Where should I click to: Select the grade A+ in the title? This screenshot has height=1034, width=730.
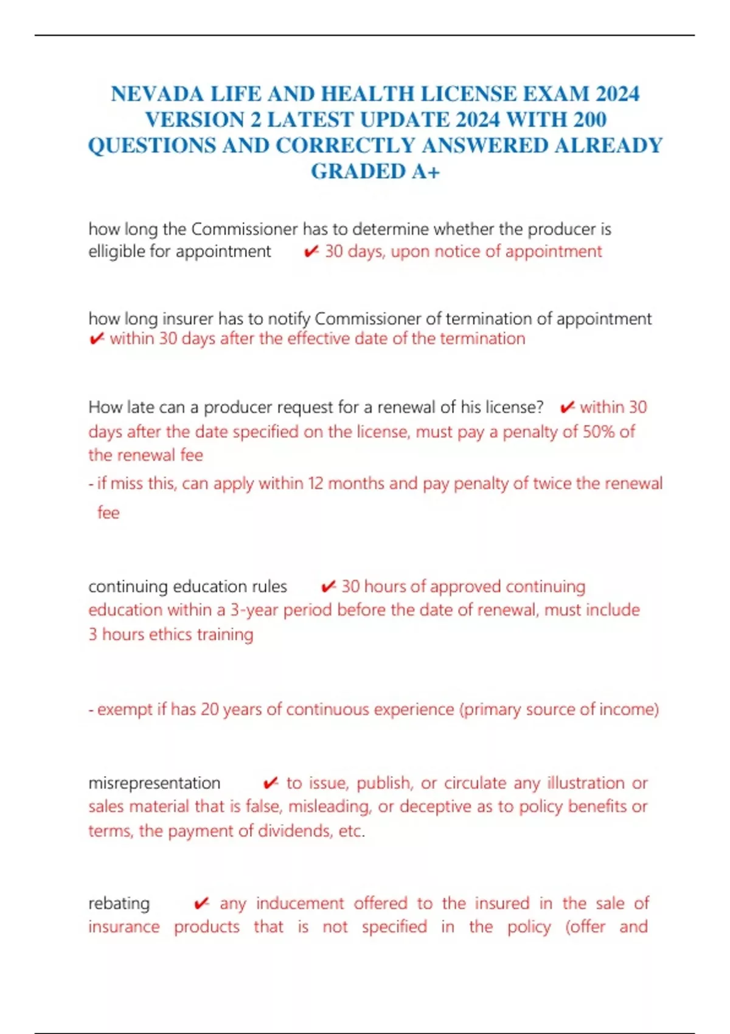(425, 172)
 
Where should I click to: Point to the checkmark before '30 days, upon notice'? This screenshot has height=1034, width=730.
(311, 251)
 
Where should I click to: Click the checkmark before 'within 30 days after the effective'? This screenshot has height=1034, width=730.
(96, 339)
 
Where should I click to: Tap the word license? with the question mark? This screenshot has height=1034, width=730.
(514, 407)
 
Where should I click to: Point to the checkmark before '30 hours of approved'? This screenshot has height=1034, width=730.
(328, 586)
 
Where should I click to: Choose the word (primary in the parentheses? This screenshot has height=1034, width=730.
(490, 710)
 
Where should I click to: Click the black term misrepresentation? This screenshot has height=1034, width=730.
(155, 783)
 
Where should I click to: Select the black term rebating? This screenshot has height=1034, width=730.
(119, 903)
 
